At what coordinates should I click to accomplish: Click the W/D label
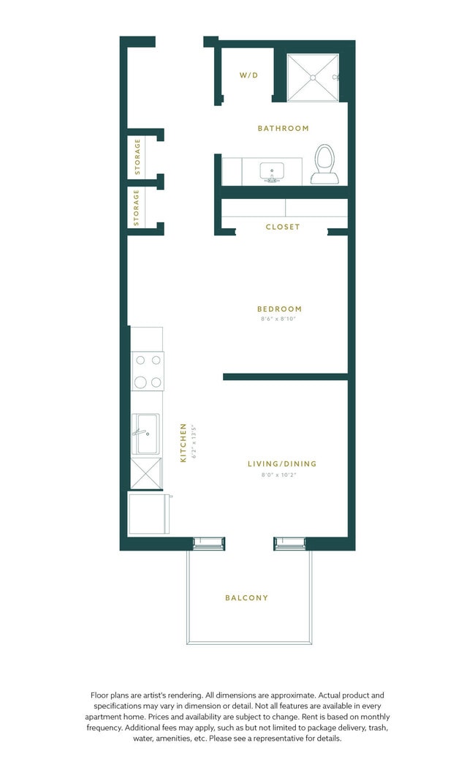point(248,75)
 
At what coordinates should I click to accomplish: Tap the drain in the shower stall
point(312,77)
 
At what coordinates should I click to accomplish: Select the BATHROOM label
point(283,129)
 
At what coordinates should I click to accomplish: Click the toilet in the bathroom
point(324,164)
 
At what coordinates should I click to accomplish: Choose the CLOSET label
point(283,227)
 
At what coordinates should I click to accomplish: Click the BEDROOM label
point(279,309)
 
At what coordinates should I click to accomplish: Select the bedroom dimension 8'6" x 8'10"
point(279,320)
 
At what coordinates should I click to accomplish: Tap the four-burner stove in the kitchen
point(148,371)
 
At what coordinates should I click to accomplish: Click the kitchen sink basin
point(146,434)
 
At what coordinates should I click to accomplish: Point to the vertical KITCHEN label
point(183,443)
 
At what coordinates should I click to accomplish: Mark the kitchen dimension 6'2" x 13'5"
point(193,443)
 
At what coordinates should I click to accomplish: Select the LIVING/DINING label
point(282,464)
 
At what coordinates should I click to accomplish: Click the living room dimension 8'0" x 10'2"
point(282,475)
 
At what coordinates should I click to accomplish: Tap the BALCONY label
point(246,598)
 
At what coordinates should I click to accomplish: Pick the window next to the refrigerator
point(209,543)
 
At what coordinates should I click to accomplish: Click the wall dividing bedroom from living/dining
point(285,377)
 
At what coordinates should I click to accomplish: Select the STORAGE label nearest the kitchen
point(137,208)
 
